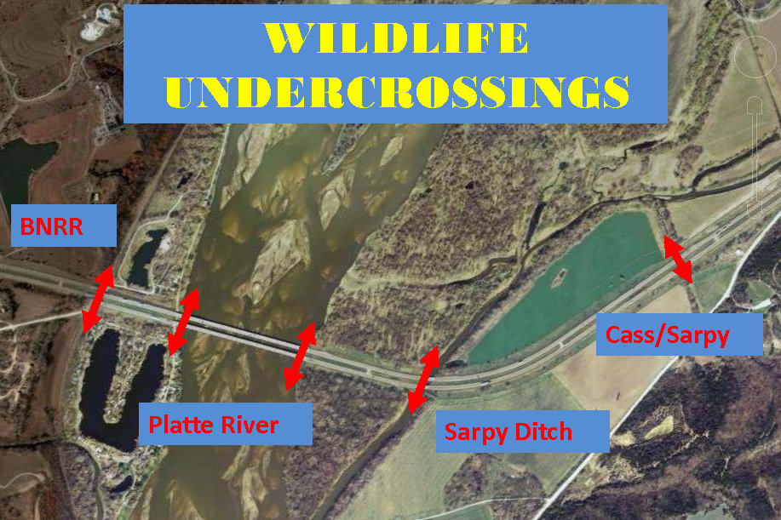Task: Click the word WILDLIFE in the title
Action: pos(396,37)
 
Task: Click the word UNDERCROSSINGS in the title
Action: pos(397,92)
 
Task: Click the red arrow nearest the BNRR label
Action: pos(98,299)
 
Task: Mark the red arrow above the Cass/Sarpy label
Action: pos(678,260)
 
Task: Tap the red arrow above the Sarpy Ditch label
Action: pos(423,380)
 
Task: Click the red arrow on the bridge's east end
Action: pos(301,355)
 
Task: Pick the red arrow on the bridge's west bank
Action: pos(183,321)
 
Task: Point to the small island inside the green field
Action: pos(560,277)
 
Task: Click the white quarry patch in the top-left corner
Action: pos(95,25)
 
